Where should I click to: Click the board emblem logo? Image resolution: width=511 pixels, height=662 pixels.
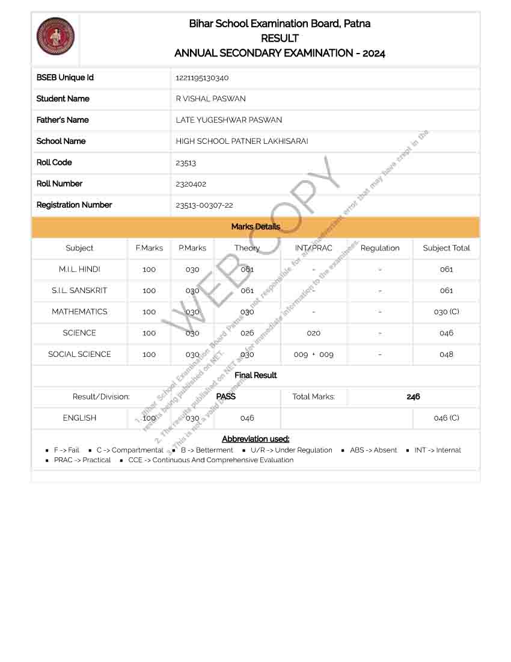click(55, 36)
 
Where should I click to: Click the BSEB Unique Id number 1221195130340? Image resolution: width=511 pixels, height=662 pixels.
click(202, 78)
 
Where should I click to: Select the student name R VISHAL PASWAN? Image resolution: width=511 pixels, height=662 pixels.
click(210, 99)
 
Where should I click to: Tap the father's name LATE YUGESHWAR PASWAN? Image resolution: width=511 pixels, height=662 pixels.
click(228, 120)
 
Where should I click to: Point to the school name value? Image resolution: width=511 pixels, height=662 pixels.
click(242, 141)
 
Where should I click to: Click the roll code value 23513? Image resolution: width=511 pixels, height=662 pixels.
click(186, 162)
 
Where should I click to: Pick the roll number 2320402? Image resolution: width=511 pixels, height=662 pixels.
click(191, 184)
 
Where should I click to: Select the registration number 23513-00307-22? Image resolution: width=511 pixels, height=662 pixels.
click(204, 205)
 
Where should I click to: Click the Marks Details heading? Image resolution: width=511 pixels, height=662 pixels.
click(255, 227)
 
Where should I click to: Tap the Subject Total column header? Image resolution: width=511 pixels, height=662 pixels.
click(446, 248)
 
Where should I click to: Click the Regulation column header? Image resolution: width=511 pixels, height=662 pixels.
click(380, 248)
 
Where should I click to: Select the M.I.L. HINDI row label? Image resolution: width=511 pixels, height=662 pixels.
click(79, 269)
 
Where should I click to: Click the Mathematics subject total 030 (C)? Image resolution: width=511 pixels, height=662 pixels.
click(446, 312)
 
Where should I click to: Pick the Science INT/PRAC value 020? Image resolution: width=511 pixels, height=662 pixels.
click(313, 333)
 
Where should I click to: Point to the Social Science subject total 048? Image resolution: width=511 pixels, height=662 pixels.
click(446, 354)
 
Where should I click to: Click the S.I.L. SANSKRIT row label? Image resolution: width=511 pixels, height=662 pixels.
click(79, 291)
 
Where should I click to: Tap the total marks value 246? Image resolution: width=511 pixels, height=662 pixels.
click(413, 397)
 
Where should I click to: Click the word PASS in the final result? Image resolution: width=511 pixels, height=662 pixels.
click(225, 397)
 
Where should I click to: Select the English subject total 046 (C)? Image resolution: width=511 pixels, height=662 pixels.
click(446, 418)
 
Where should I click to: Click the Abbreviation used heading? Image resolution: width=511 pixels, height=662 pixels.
click(255, 439)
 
